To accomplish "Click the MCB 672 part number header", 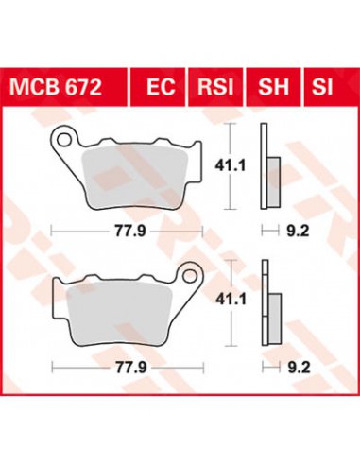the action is pyautogui.click(x=56, y=87).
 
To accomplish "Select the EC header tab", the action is pyautogui.click(x=161, y=87).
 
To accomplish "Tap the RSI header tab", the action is pyautogui.click(x=215, y=87).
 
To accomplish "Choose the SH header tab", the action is pyautogui.click(x=273, y=87).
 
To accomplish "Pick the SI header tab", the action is pyautogui.click(x=322, y=87).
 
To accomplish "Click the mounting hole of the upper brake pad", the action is pyautogui.click(x=64, y=139).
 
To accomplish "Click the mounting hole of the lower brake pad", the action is pyautogui.click(x=190, y=276).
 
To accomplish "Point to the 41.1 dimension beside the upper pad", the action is pyautogui.click(x=230, y=165).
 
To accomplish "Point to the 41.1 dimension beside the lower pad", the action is pyautogui.click(x=231, y=300).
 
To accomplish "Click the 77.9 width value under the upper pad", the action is pyautogui.click(x=130, y=232).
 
